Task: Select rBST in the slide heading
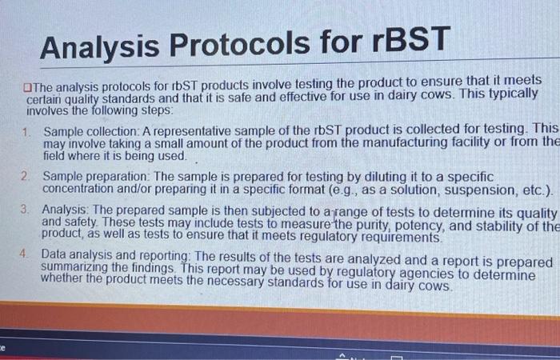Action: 407,40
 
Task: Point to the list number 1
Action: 26,131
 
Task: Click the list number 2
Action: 26,175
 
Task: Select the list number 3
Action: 26,209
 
